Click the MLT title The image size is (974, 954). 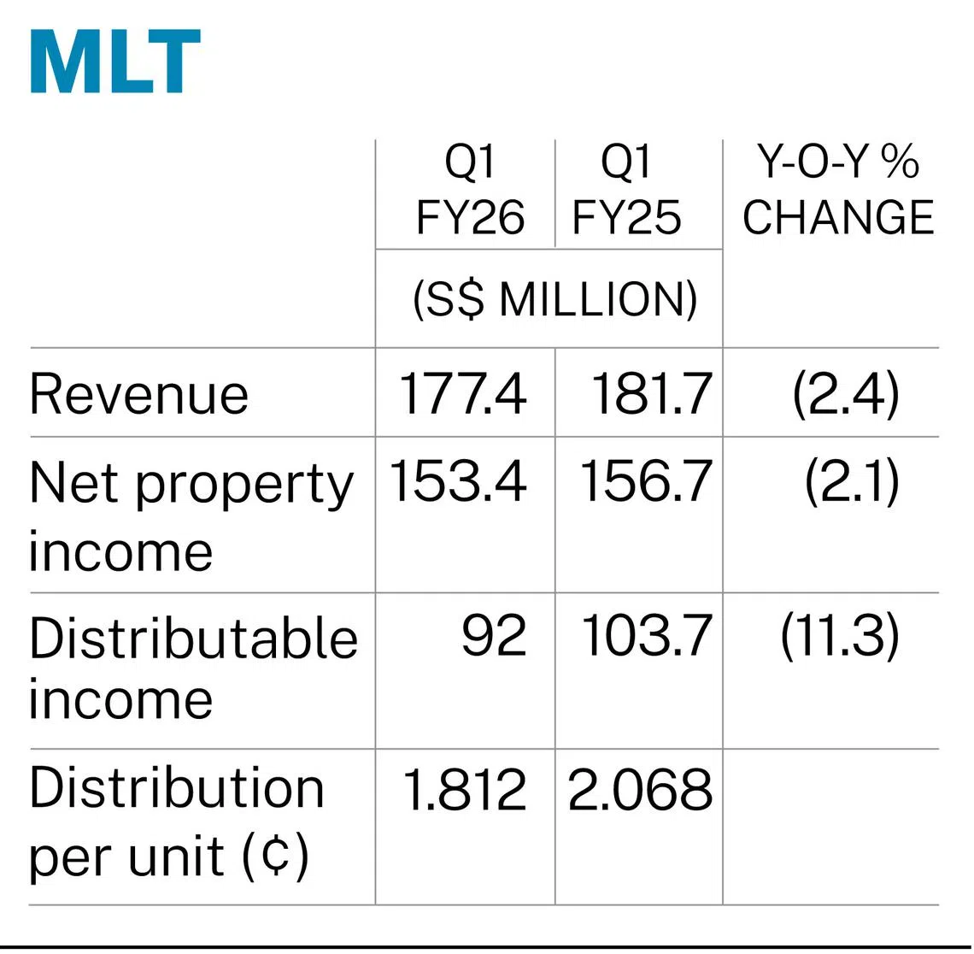point(115,62)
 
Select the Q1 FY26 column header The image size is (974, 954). point(469,190)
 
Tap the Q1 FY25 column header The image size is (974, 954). point(626,190)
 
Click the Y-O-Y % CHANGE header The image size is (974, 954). point(837,190)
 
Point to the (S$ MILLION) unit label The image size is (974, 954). point(554,299)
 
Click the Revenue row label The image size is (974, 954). point(138,394)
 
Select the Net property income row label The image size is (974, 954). point(190,516)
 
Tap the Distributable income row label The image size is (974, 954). point(192,668)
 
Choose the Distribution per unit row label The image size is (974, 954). point(176,821)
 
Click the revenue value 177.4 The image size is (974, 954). point(462,394)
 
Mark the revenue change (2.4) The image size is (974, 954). point(846,394)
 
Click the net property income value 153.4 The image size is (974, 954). point(458,482)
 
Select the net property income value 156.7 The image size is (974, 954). point(645,482)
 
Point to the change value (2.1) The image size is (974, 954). point(852,482)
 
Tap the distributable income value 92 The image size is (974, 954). point(494,637)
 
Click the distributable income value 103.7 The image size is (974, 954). point(646,637)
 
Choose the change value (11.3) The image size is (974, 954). point(839,637)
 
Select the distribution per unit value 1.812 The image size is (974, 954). point(463,790)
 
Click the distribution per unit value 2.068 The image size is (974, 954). point(640,790)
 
